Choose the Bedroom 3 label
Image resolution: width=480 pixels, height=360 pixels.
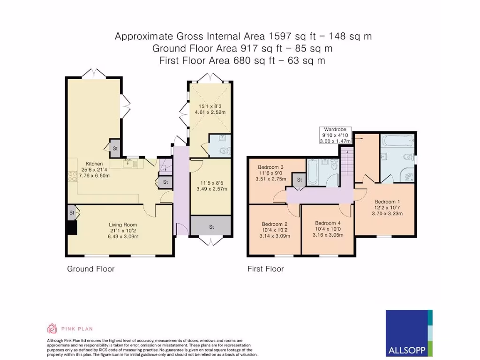[271, 167]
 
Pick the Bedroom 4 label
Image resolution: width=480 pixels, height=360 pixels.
[327, 223]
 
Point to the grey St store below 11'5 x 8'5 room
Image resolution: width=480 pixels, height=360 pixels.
[211, 226]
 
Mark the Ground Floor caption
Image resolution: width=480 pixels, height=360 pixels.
[90, 269]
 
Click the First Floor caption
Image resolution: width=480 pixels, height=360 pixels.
[265, 269]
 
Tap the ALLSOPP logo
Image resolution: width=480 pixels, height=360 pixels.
[409, 332]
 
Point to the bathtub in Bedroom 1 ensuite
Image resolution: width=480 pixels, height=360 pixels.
[396, 140]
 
